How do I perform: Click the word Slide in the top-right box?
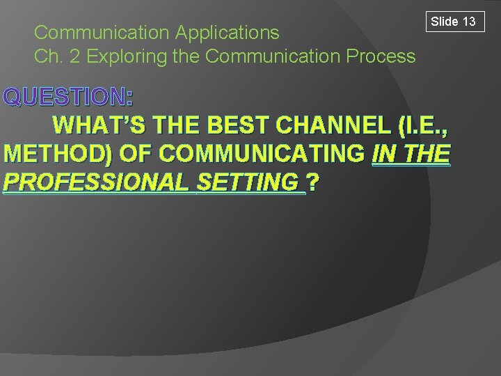tap(445, 22)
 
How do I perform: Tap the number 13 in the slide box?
tap(469, 22)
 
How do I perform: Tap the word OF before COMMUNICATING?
tap(124, 154)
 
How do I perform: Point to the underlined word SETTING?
tap(251, 182)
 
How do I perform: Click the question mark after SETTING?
tap(314, 182)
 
